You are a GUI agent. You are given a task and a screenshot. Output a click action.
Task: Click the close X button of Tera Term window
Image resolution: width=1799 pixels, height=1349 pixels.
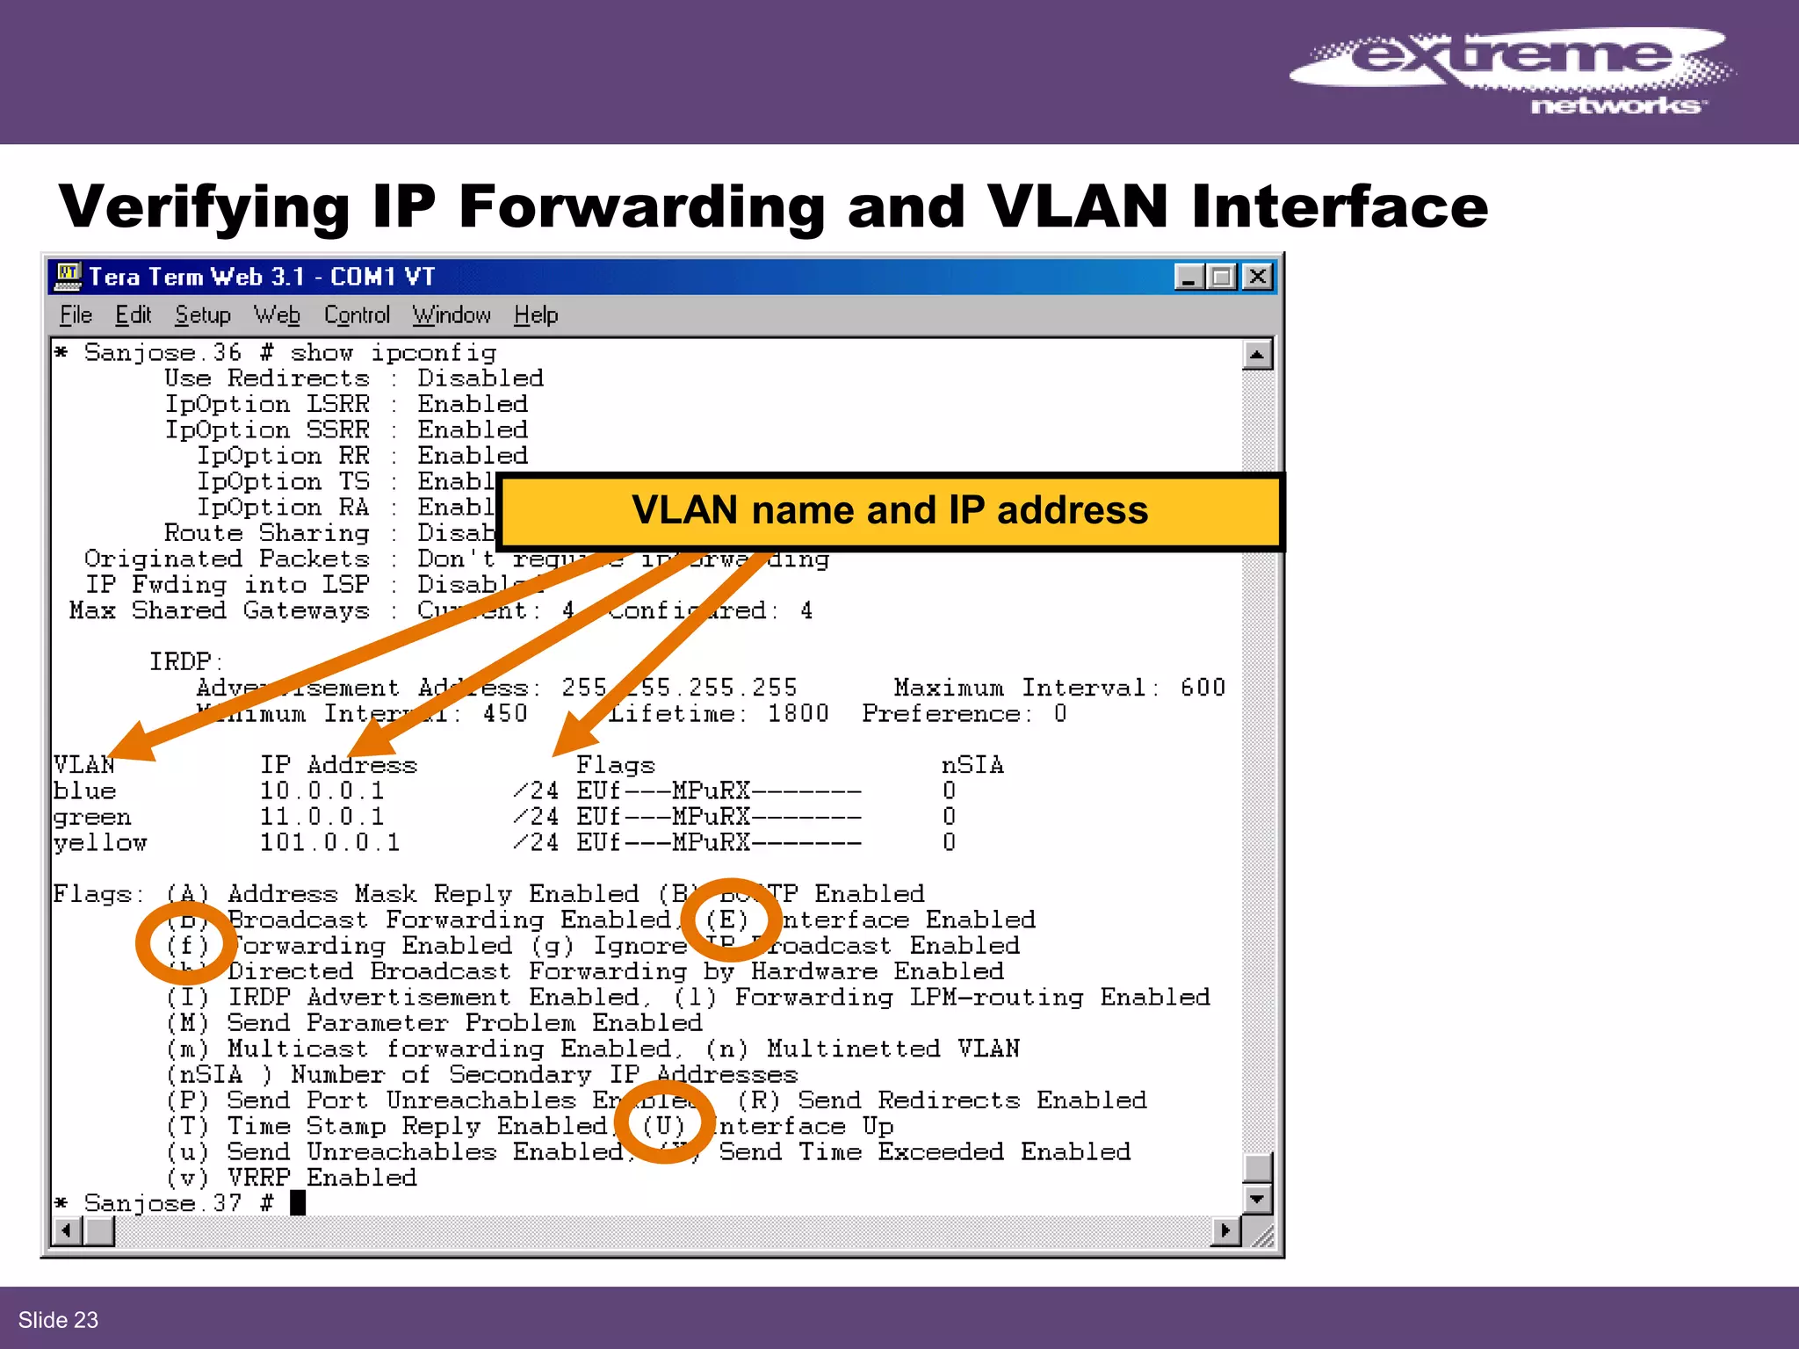click(1257, 277)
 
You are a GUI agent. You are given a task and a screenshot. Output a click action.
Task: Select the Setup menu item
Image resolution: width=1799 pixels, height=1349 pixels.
click(203, 315)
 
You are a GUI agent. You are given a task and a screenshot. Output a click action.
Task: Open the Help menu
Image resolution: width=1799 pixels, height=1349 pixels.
click(536, 315)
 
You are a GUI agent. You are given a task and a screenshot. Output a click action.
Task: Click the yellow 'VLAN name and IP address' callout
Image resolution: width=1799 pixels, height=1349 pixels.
click(890, 511)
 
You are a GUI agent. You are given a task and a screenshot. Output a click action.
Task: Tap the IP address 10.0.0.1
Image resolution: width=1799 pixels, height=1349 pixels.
click(322, 791)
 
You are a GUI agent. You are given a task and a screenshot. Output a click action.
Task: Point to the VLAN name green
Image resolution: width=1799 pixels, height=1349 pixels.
click(92, 818)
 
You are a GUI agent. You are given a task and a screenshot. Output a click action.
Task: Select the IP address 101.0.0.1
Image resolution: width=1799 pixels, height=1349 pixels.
click(329, 843)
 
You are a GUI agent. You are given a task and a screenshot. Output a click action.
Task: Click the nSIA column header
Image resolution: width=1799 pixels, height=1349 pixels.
click(972, 765)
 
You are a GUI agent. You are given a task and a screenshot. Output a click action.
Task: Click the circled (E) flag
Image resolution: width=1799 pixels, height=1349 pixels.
click(727, 920)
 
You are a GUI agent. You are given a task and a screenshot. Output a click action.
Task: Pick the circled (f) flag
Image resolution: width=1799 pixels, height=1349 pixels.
click(187, 945)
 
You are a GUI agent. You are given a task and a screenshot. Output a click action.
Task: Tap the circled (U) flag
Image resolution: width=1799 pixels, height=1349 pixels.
click(663, 1126)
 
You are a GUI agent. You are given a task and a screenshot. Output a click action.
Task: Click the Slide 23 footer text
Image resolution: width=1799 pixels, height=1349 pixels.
click(58, 1320)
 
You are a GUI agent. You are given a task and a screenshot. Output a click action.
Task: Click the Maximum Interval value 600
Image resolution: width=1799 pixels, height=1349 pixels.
click(1203, 688)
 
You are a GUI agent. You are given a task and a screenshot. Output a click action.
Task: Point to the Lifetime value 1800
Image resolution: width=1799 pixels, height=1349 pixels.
click(798, 713)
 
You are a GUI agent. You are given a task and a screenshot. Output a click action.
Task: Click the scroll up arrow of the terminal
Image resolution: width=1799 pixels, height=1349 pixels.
click(1257, 355)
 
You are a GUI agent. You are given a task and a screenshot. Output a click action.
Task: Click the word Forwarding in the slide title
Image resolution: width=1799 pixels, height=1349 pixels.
click(641, 207)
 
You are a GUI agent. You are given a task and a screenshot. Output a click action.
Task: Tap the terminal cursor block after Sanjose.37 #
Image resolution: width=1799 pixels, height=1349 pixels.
click(298, 1202)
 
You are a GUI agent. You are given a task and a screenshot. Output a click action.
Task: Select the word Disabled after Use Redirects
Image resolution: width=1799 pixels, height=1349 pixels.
click(480, 379)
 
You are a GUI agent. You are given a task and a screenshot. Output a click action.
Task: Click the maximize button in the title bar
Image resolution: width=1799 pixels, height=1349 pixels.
click(1222, 277)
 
